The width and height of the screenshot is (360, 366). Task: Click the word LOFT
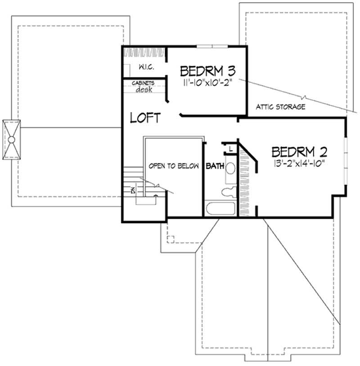145,118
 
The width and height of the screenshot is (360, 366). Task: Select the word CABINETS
143,83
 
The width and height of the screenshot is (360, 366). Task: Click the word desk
144,89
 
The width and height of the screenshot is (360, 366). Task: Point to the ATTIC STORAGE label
281,107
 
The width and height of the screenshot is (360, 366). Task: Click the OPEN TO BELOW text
174,166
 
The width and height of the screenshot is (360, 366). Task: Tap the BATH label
215,166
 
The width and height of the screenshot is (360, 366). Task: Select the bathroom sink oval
230,169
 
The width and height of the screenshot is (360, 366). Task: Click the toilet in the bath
227,192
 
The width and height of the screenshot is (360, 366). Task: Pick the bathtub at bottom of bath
220,210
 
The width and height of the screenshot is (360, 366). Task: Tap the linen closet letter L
230,148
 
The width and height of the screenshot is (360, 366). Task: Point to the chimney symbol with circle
12,140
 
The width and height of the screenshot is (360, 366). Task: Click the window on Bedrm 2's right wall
346,160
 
